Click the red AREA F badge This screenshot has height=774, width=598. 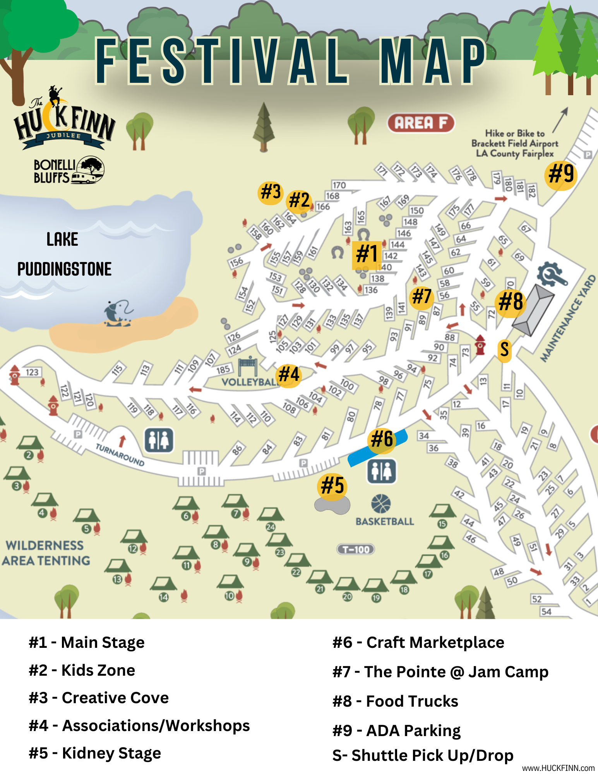421,123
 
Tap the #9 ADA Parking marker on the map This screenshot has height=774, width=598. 561,174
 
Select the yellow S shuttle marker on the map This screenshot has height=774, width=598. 504,349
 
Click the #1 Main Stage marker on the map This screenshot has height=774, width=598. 367,254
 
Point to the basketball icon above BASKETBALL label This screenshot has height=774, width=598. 381,503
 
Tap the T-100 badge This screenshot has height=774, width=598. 356,549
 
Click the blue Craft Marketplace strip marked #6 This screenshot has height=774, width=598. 377,447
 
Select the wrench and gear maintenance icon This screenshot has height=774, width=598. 551,274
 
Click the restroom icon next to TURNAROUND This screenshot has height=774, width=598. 159,440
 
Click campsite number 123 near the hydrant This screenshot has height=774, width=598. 32,372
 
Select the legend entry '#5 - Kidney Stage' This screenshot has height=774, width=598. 95,753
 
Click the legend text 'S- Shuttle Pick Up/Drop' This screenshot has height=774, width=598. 423,755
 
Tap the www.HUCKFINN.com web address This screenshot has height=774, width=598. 558,768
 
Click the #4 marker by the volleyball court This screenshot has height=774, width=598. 289,375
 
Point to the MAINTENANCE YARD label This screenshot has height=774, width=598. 567,319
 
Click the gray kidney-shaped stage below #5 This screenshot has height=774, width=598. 332,505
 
